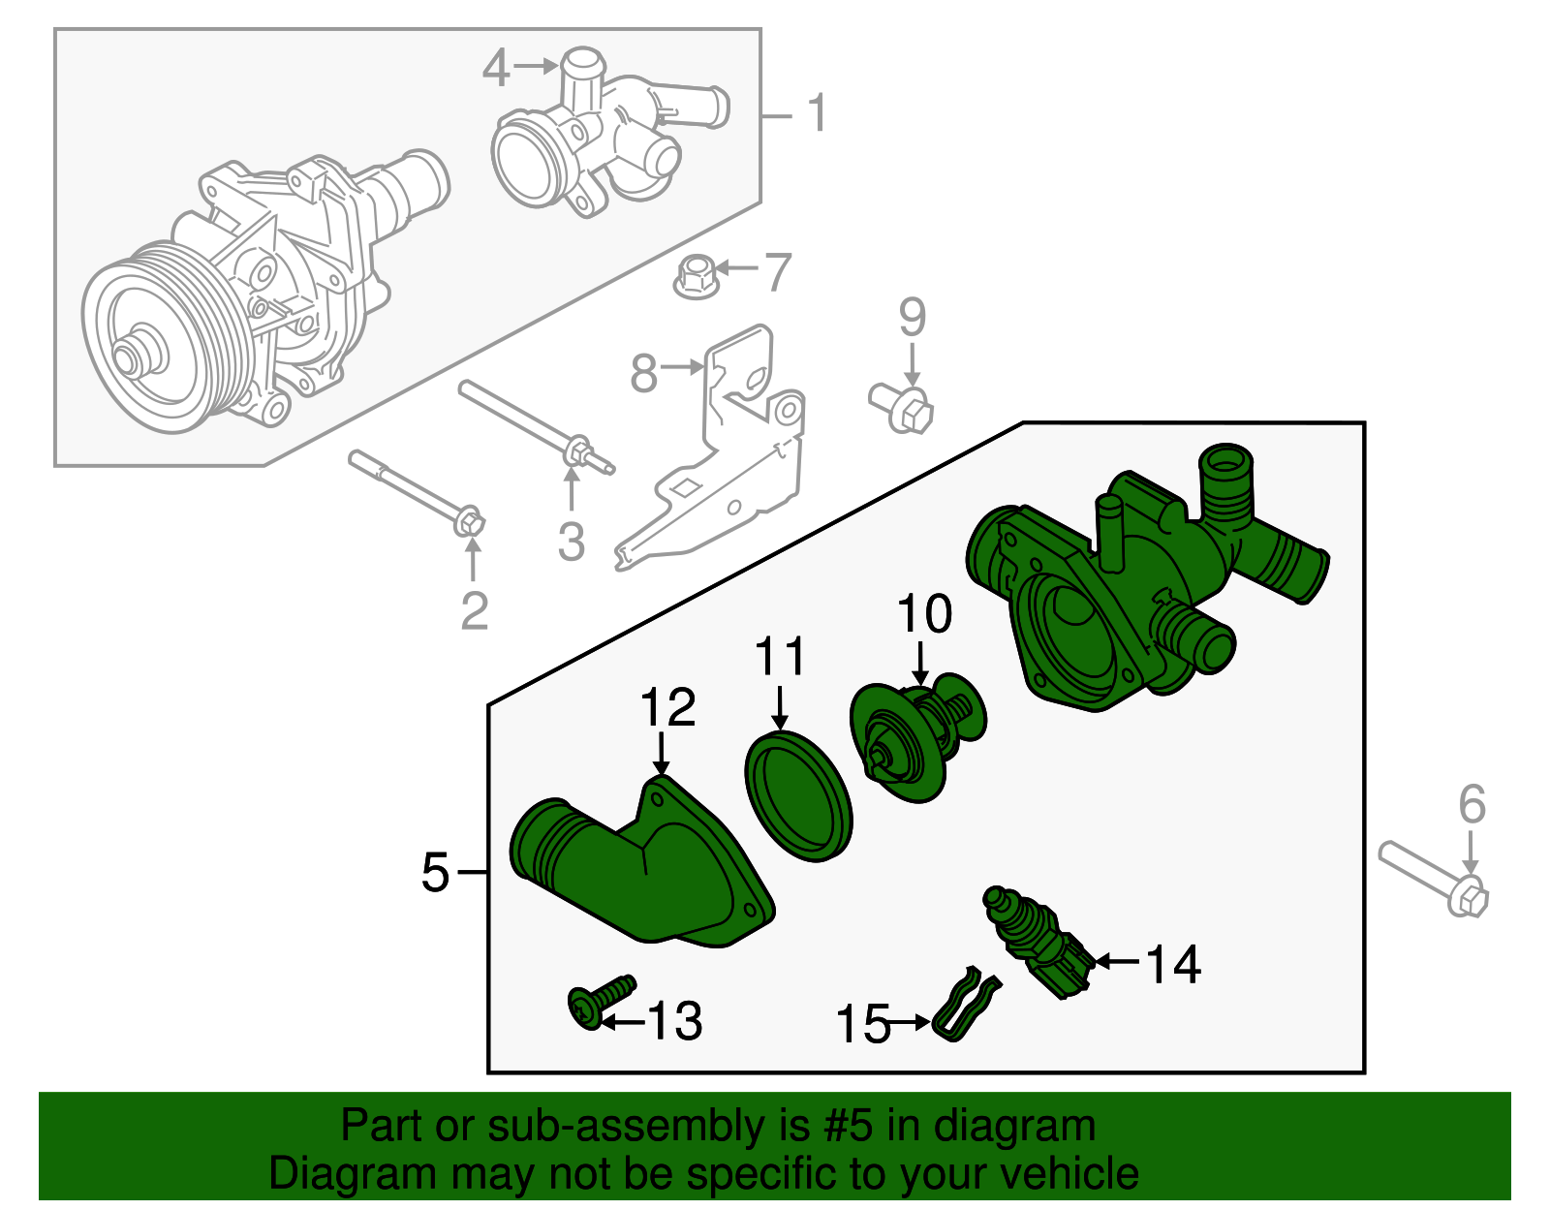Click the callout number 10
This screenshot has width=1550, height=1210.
924,614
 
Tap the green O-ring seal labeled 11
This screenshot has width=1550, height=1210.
798,795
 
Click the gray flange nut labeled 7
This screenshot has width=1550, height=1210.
692,277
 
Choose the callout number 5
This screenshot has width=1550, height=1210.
435,873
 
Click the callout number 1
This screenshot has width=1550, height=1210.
818,114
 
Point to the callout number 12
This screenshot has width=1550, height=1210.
667,708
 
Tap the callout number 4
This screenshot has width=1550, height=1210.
495,68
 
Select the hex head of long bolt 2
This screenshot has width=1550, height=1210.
470,521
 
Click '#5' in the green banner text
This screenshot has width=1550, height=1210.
849,1127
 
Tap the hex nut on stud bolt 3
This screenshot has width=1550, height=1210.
576,452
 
